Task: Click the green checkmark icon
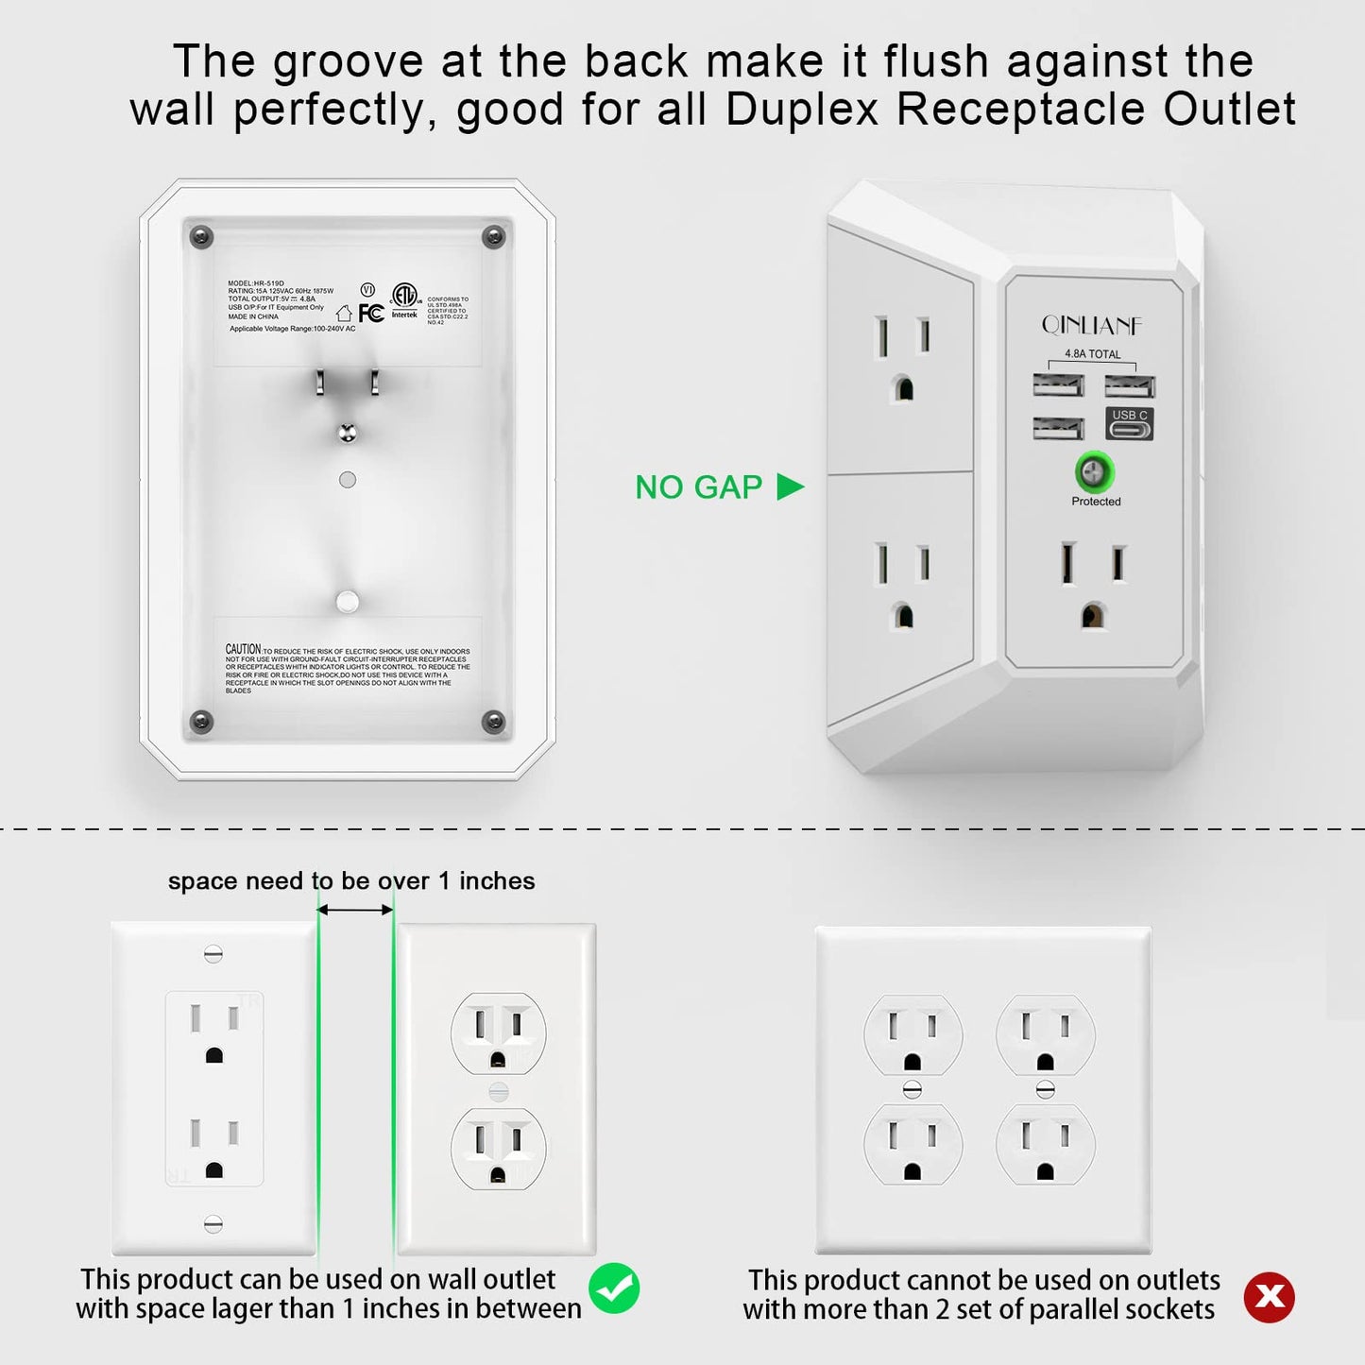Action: click(614, 1288)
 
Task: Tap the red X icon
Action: click(1269, 1296)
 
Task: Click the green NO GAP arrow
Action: click(790, 486)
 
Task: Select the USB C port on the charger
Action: click(1130, 424)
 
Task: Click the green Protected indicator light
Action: click(1094, 472)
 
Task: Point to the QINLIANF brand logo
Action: click(1092, 326)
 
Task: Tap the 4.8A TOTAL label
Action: click(1093, 354)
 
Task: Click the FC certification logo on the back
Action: click(371, 314)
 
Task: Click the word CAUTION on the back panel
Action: click(243, 649)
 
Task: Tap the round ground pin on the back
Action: click(348, 434)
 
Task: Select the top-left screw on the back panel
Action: click(201, 236)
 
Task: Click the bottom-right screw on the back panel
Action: click(493, 723)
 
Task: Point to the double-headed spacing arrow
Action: click(355, 910)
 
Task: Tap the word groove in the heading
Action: click(347, 62)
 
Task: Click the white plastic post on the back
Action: click(348, 601)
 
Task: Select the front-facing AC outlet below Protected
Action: click(1093, 586)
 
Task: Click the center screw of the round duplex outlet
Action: click(499, 1092)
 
